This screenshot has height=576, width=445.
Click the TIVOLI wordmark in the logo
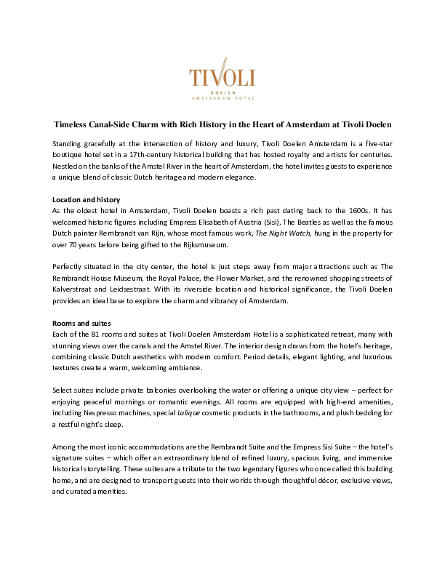click(221, 78)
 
